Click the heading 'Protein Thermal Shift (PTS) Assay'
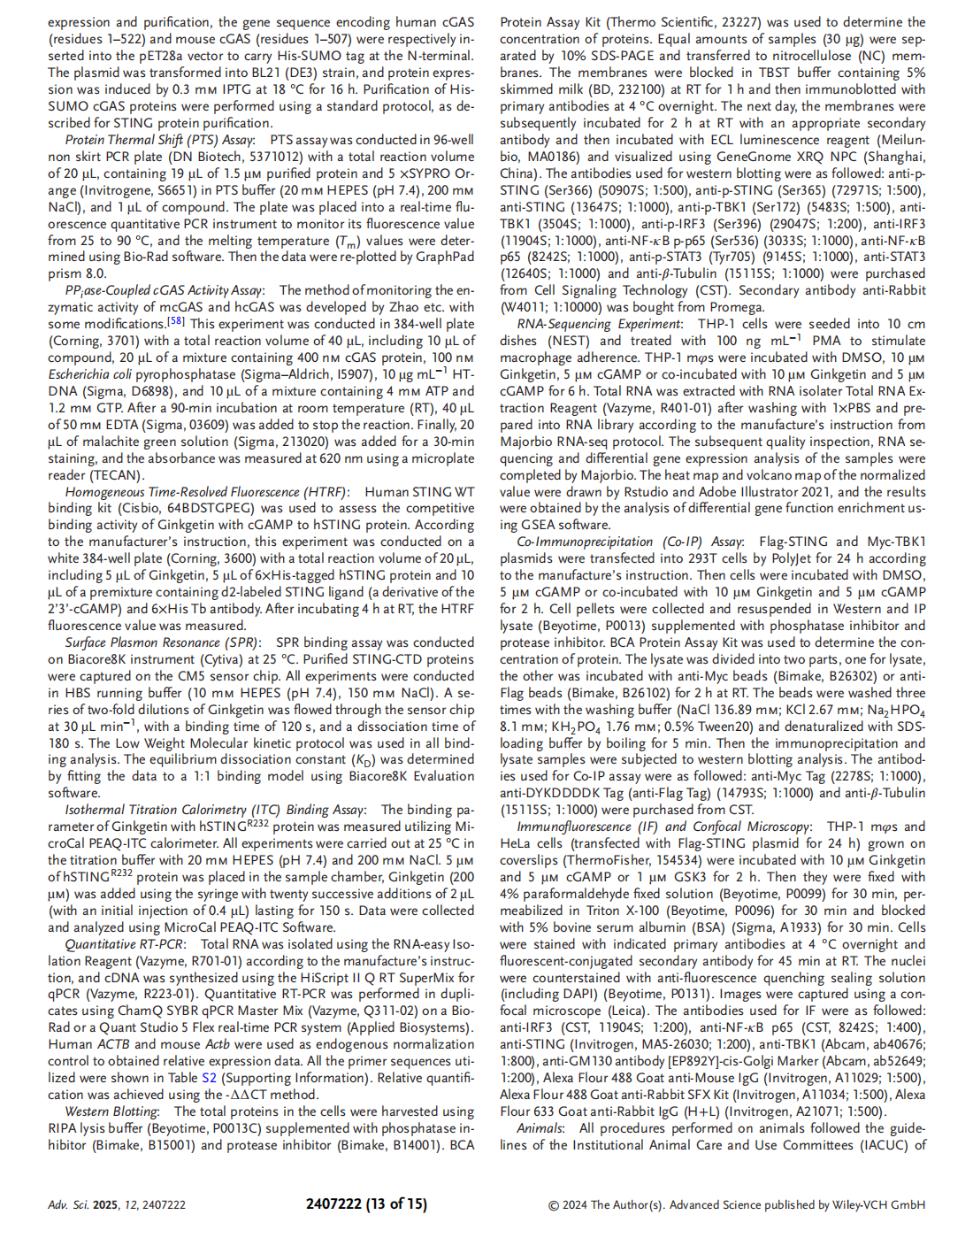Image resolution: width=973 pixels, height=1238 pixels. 159,140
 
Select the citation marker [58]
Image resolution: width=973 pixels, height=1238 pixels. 175,322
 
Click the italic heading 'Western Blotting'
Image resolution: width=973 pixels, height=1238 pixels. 111,1111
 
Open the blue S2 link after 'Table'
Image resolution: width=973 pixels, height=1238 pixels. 209,1078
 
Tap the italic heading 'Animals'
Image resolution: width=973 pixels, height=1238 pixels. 540,1128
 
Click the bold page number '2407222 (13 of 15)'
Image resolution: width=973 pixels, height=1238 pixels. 366,1204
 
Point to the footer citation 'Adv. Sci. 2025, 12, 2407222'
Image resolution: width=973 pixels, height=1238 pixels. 117,1205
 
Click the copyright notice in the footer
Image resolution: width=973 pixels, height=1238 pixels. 737,1205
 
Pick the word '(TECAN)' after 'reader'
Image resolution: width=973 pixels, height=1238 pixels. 116,475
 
